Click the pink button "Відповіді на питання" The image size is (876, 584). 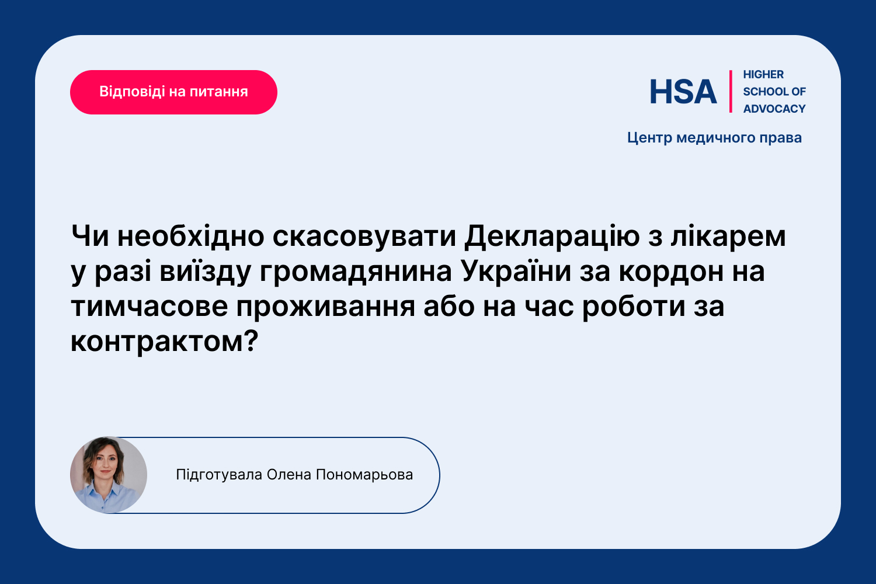[x=173, y=92]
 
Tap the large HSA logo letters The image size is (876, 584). [x=683, y=92]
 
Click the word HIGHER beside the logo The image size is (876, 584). [x=763, y=74]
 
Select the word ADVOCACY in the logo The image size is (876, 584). [x=774, y=109]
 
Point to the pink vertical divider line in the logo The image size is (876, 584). [x=731, y=92]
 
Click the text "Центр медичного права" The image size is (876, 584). [x=714, y=138]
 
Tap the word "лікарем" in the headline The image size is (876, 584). [x=728, y=237]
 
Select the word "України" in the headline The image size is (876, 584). [x=516, y=271]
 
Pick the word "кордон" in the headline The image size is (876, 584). [x=671, y=272]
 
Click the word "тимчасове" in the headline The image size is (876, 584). [x=150, y=307]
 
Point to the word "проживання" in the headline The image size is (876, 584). [x=326, y=307]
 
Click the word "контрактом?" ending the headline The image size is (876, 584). [x=165, y=342]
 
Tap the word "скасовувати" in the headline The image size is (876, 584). [x=364, y=237]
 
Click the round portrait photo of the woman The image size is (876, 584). [x=109, y=475]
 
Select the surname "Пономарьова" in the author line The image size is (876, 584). [x=364, y=475]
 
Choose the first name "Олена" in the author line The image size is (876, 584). [x=289, y=475]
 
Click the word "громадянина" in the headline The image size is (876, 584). [x=356, y=272]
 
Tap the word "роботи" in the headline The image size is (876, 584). [x=634, y=307]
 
